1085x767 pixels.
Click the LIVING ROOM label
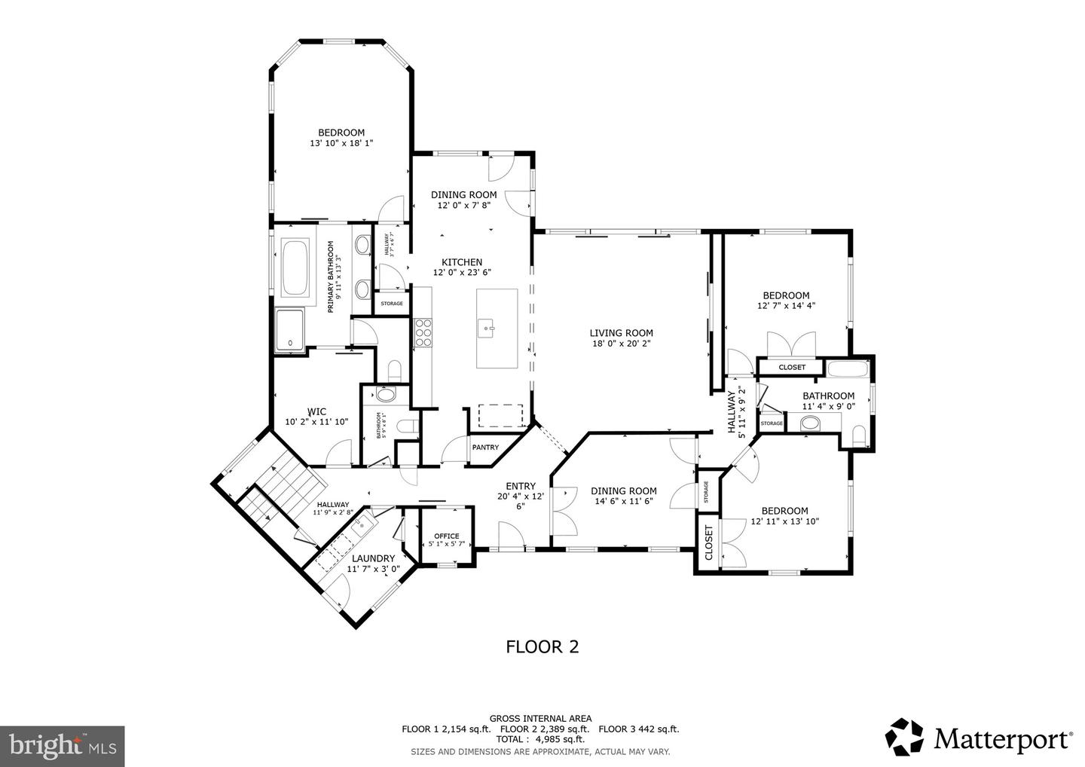621,333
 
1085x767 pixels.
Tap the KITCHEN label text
462,262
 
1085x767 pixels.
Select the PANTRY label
485,448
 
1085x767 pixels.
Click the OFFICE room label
446,536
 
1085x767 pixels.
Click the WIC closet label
316,411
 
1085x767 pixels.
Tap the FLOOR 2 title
542,646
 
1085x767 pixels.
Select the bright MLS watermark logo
62,746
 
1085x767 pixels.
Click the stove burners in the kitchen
423,332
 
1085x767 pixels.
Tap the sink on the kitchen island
487,328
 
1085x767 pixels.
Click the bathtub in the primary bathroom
295,268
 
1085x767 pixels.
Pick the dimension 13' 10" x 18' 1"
341,143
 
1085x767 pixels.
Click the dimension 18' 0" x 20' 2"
621,344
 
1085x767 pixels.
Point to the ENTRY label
520,486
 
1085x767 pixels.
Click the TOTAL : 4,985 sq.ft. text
540,740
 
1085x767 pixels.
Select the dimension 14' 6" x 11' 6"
623,501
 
